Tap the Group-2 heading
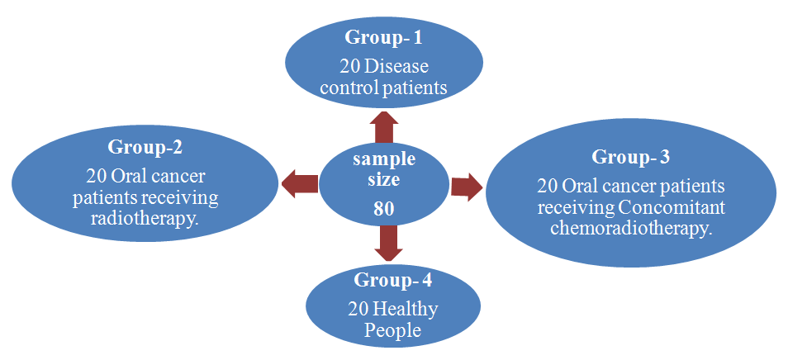(x=145, y=148)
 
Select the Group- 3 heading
(x=630, y=157)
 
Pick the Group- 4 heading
(x=392, y=279)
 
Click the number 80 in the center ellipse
(x=383, y=209)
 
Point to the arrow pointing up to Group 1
(x=383, y=128)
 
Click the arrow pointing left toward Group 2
(x=299, y=183)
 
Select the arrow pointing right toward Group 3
(x=468, y=186)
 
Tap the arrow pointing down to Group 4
(x=388, y=243)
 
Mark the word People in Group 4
(x=392, y=330)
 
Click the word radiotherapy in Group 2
(x=145, y=221)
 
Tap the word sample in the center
(x=383, y=159)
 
